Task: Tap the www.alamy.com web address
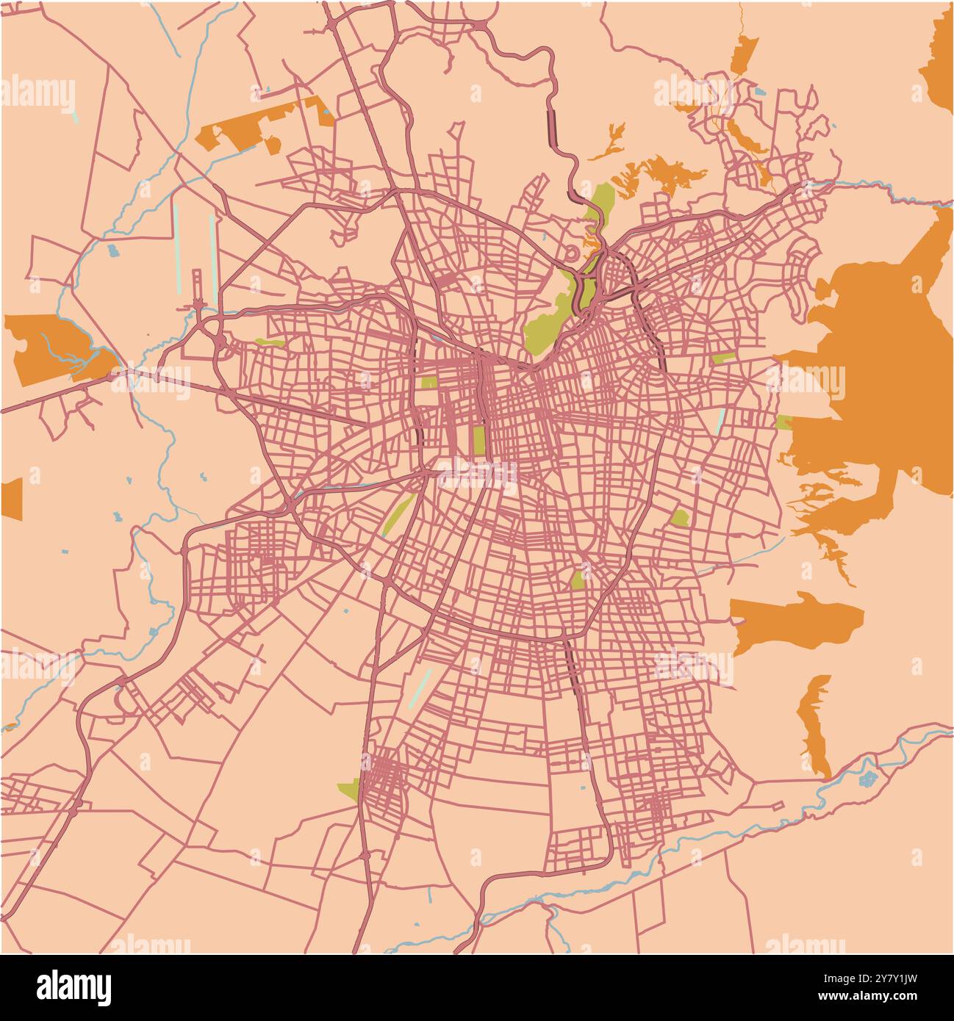pyautogui.click(x=867, y=996)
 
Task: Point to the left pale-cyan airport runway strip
pyautogui.click(x=176, y=246)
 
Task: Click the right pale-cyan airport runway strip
pyautogui.click(x=212, y=257)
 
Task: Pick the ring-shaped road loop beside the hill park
pyautogui.click(x=571, y=254)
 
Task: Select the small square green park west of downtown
pyautogui.click(x=427, y=382)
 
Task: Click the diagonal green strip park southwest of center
pyautogui.click(x=399, y=513)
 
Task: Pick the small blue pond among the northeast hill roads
pyautogui.click(x=759, y=93)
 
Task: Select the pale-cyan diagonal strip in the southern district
pyautogui.click(x=420, y=687)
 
